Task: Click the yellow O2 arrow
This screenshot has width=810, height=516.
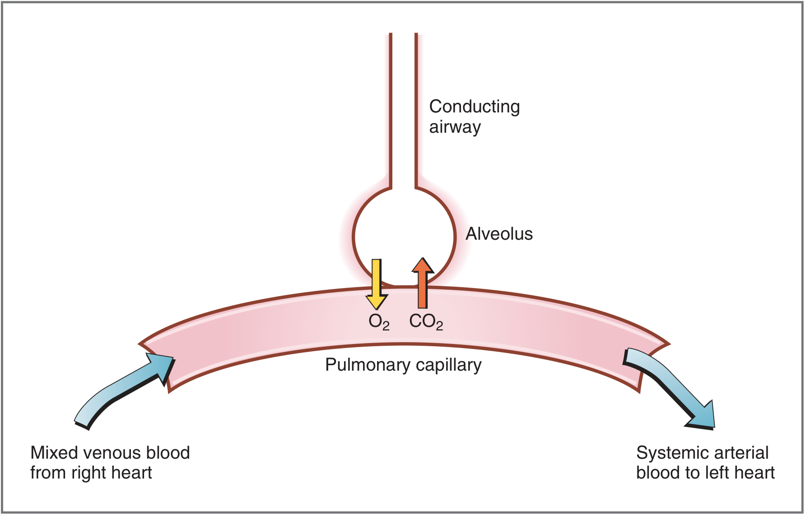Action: coord(376,284)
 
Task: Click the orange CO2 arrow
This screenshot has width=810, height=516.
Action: coord(423,283)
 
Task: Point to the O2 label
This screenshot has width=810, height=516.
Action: coord(379,322)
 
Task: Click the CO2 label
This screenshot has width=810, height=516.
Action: coord(426,322)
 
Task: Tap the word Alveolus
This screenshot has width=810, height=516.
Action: coord(499,234)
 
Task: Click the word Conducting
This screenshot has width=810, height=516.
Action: coord(475,107)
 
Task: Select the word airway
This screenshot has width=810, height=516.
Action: coord(455,127)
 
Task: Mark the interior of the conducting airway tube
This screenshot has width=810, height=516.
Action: coord(403,108)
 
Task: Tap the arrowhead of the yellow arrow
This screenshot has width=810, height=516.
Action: coord(377,302)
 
